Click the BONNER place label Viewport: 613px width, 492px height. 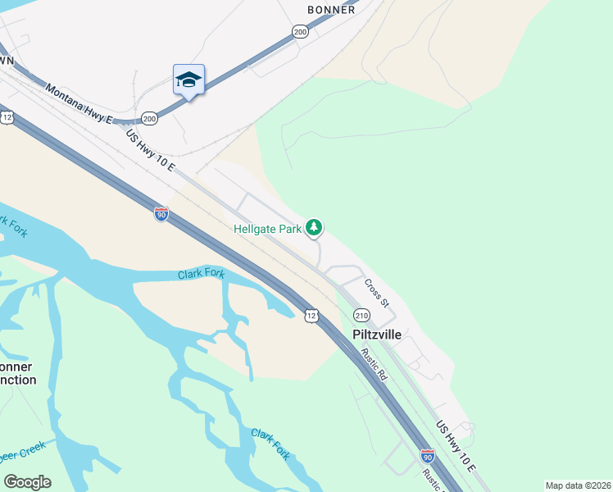(331, 10)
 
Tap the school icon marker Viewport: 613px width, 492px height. (188, 80)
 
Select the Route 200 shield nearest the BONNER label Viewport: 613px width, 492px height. (299, 31)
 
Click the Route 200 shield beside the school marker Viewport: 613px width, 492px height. (149, 119)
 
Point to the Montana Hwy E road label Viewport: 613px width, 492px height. (78, 103)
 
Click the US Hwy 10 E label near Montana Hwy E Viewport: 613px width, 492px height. (150, 149)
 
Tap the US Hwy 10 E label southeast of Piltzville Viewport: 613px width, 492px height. (456, 446)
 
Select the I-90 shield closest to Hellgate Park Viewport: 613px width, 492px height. (161, 215)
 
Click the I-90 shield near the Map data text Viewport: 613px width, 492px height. (427, 456)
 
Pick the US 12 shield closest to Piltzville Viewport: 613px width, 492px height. (311, 316)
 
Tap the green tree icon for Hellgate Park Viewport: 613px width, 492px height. (314, 227)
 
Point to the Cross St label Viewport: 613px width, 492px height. (376, 292)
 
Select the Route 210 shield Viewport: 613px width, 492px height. (361, 315)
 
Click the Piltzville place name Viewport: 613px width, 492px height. (379, 335)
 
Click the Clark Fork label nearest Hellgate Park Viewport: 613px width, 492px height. (202, 274)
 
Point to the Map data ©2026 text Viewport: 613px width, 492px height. (577, 485)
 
